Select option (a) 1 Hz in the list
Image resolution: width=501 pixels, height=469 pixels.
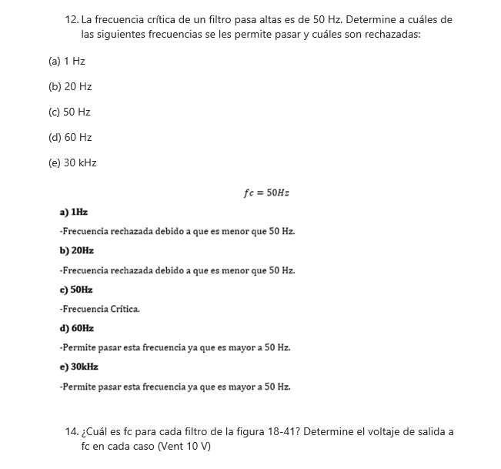67,61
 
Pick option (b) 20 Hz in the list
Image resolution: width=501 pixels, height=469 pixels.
70,86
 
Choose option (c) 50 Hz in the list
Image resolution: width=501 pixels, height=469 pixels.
69,112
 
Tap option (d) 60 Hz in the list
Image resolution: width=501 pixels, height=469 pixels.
70,137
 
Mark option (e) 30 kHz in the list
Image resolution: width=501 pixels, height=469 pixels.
72,162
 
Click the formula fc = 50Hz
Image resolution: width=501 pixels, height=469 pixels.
266,193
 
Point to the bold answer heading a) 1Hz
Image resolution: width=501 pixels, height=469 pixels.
73,212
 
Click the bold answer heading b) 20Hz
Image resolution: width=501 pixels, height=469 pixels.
76,250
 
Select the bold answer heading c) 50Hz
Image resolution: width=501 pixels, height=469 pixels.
75,290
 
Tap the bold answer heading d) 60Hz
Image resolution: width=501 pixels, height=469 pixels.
76,328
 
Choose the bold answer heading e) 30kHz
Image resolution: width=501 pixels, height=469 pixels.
78,367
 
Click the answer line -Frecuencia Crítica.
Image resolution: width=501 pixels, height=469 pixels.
99,309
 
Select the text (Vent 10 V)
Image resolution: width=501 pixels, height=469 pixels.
184,447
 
